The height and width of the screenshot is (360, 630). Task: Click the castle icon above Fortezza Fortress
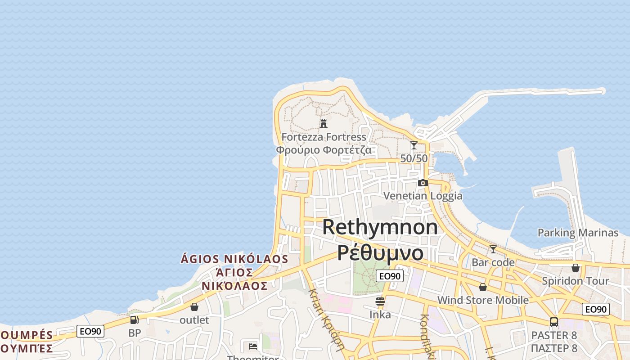(323, 123)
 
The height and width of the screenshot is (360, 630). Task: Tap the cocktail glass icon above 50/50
(414, 145)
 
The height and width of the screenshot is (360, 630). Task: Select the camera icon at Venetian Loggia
(423, 183)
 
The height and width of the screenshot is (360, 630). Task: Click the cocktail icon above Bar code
(493, 249)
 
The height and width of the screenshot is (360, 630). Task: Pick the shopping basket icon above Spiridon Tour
(576, 268)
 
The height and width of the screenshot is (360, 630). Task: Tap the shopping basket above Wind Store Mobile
(483, 287)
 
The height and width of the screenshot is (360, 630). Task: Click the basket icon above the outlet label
(194, 307)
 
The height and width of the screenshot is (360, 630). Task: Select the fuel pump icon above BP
(134, 320)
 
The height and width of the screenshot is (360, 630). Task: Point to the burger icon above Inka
(380, 301)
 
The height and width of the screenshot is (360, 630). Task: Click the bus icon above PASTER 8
(554, 322)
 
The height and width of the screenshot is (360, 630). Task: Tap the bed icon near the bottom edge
(253, 346)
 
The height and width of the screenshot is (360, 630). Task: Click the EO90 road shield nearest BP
(91, 332)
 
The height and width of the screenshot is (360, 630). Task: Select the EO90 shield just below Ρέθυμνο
(390, 276)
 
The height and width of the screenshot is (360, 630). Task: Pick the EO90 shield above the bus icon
(596, 310)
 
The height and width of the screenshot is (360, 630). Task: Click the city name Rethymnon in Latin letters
(380, 227)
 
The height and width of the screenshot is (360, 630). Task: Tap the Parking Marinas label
(578, 233)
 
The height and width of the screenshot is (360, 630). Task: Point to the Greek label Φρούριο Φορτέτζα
(324, 150)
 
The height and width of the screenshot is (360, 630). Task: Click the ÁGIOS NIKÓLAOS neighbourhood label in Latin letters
(234, 259)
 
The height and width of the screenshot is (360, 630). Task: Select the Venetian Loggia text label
(423, 196)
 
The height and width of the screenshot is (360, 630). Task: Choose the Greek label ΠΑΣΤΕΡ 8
(554, 348)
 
